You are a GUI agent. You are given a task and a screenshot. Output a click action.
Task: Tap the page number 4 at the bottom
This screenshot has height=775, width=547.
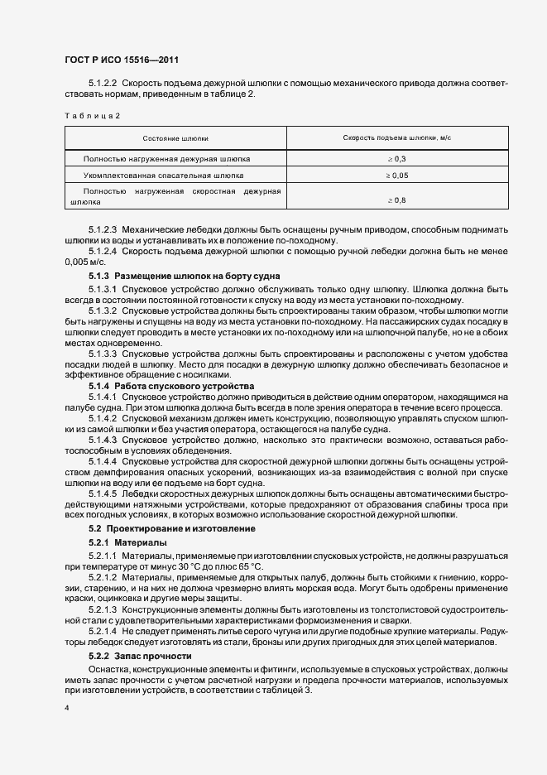pyautogui.click(x=66, y=708)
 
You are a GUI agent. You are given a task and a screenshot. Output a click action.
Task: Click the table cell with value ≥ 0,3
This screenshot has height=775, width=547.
pyautogui.click(x=396, y=157)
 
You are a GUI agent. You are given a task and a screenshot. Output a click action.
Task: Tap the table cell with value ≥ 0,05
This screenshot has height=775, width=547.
pyautogui.click(x=396, y=176)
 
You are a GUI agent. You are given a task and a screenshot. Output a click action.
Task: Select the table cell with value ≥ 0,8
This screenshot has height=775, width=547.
pyautogui.click(x=396, y=200)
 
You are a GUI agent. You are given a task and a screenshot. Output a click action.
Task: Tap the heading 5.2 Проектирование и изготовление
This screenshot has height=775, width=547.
pyautogui.click(x=172, y=528)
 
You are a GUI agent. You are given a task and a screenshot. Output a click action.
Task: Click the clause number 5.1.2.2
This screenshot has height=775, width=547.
pyautogui.click(x=103, y=84)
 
